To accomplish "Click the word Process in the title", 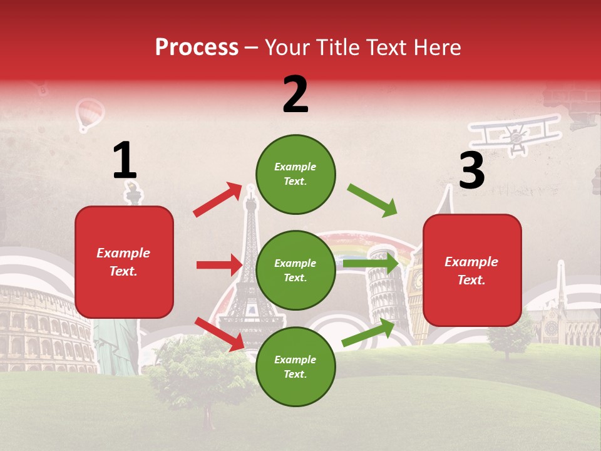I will point(197,48).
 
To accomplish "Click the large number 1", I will point(125,161).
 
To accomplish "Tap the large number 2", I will point(295,95).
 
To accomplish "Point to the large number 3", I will point(471,170).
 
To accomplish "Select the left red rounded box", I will point(124,262).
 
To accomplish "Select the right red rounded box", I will point(472,270).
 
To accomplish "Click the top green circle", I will point(295,174).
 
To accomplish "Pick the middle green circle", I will point(295,270).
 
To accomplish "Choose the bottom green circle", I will point(295,366).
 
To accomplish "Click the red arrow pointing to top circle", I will point(218,199).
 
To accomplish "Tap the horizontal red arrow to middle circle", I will point(219,265).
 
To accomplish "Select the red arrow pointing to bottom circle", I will point(220,334).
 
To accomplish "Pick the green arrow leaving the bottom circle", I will point(369,333).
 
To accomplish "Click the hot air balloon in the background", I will point(90,115).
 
